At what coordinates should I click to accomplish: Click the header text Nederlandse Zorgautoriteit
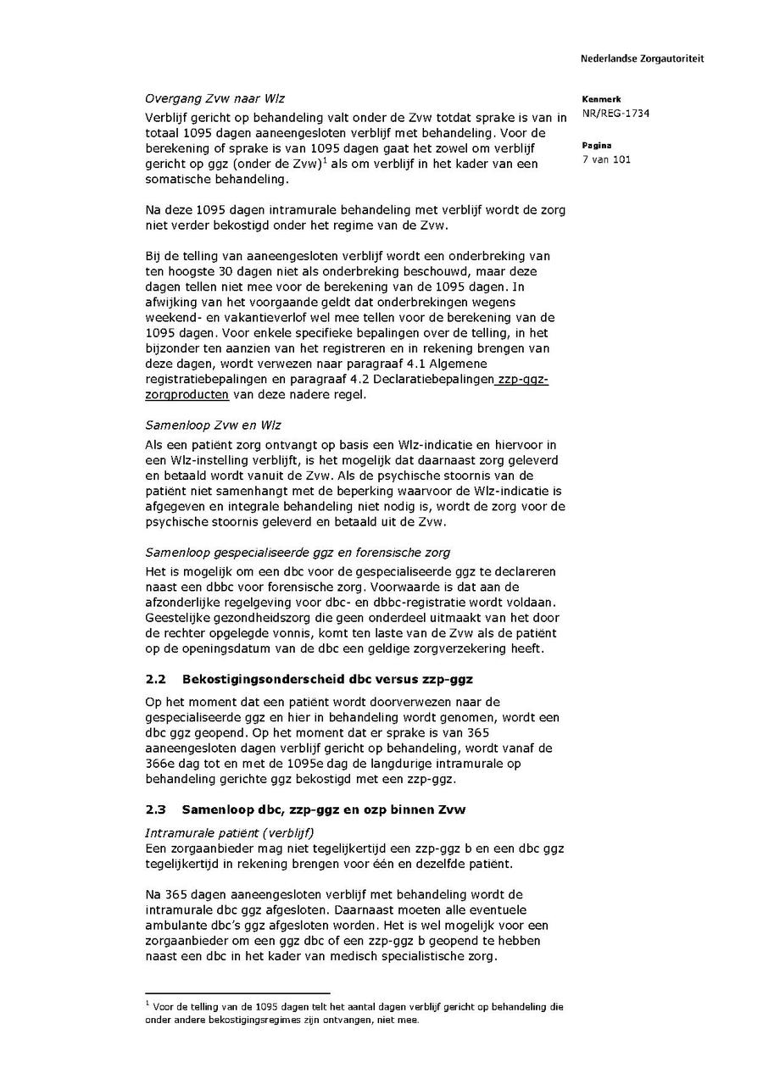(x=642, y=58)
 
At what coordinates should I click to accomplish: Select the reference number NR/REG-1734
(x=615, y=114)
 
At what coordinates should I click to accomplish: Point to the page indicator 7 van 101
(x=606, y=159)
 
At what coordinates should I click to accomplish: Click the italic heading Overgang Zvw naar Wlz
(x=214, y=98)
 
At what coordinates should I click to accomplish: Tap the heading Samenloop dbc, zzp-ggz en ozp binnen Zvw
(x=323, y=809)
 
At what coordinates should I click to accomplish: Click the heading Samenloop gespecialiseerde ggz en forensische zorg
(x=297, y=552)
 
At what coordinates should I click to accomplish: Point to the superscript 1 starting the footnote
(x=148, y=1003)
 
